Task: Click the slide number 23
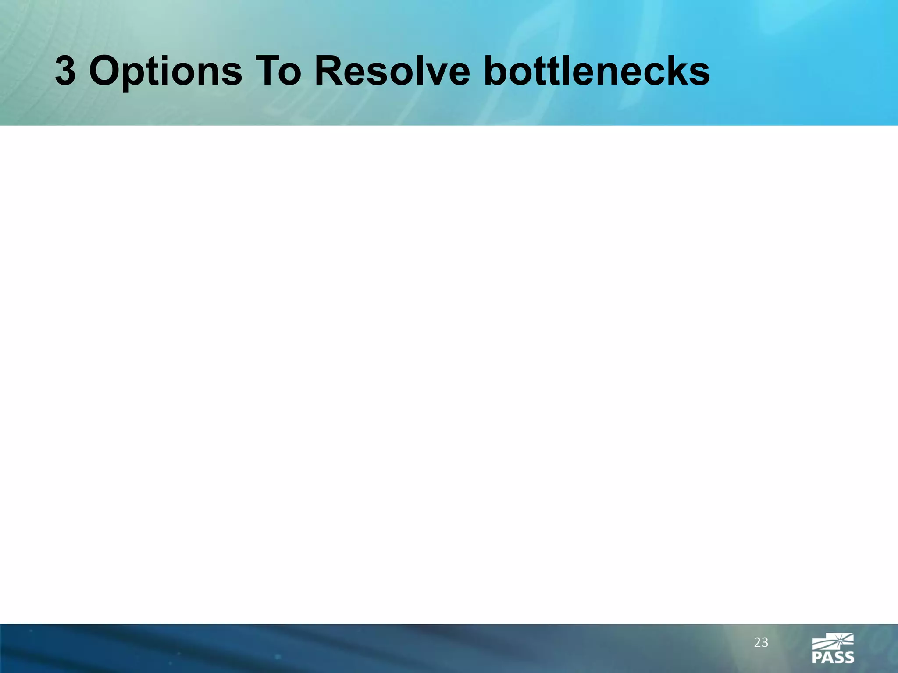coord(761,643)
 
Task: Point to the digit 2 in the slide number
coord(757,643)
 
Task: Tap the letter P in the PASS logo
coord(817,657)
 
